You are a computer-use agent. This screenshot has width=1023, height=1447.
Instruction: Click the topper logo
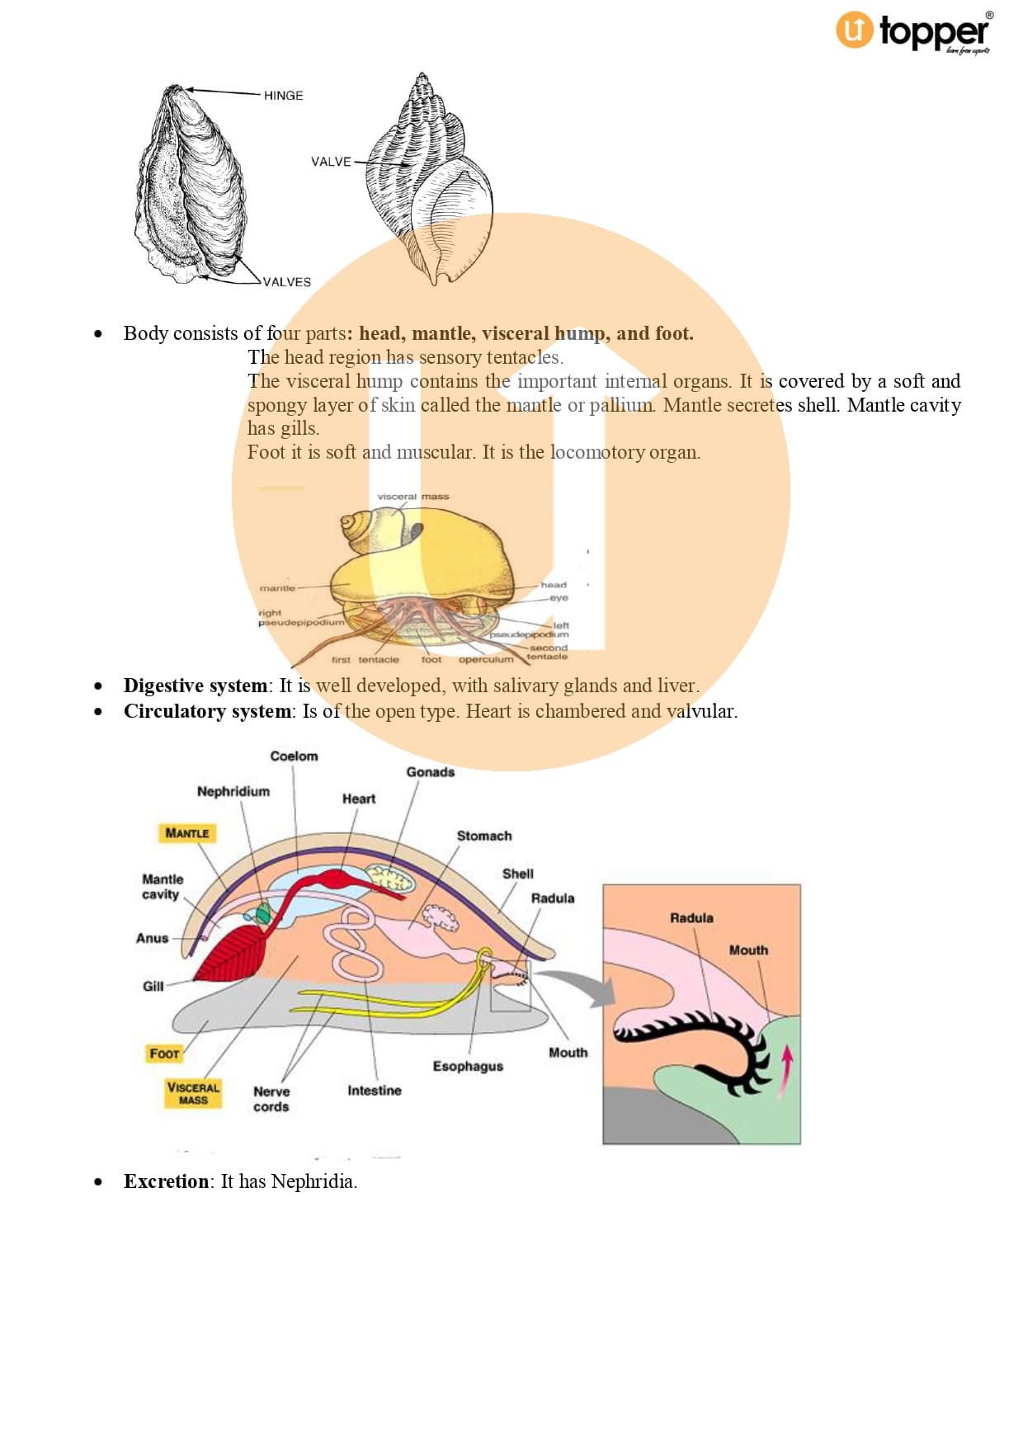coord(914,32)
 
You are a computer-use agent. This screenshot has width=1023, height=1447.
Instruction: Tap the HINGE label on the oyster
coord(283,96)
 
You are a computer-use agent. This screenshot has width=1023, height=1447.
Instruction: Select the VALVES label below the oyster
coord(287,282)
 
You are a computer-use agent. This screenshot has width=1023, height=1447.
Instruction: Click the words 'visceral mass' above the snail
coord(412,497)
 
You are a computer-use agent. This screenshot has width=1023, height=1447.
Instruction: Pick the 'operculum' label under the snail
coord(486,660)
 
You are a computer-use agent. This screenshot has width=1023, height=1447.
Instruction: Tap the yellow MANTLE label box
coord(186,833)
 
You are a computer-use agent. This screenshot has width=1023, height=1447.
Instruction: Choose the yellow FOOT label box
coord(164,1053)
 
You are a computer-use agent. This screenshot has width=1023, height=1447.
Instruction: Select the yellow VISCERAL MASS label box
coord(193,1093)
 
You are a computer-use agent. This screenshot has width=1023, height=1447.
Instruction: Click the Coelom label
coord(294,756)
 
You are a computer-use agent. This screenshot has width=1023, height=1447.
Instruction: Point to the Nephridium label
coord(233,791)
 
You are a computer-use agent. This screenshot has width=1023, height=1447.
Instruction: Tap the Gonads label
coord(430,772)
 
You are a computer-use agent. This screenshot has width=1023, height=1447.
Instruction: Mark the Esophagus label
coord(468,1066)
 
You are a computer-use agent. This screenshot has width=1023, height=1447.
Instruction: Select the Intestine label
coord(374,1091)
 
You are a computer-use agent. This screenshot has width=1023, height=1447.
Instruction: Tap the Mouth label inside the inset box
coord(748,950)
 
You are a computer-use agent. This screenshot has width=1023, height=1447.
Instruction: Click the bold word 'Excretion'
coord(166,1181)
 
